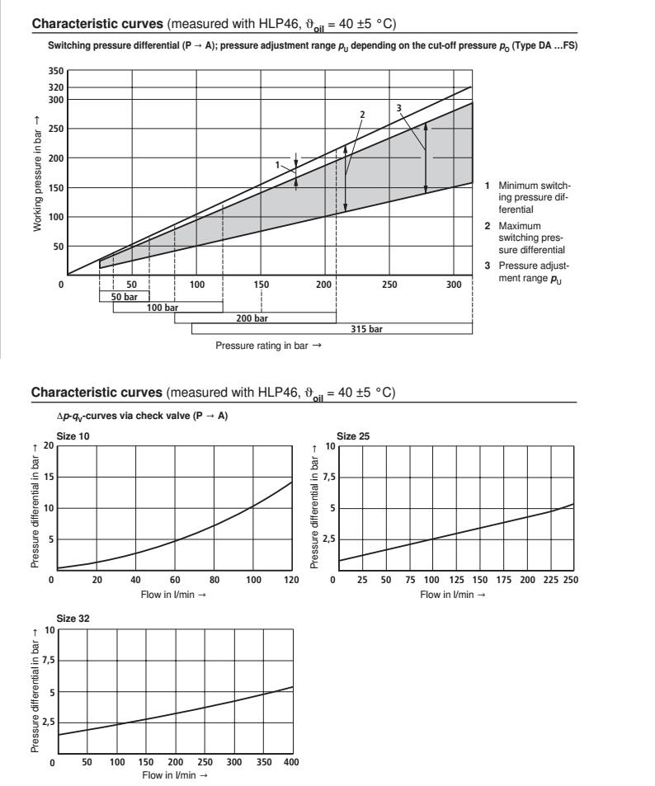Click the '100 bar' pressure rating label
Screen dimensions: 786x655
(x=163, y=307)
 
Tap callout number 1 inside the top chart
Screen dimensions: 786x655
(x=278, y=165)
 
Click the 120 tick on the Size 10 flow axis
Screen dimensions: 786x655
(x=291, y=580)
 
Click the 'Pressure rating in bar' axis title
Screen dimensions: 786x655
(x=268, y=346)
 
